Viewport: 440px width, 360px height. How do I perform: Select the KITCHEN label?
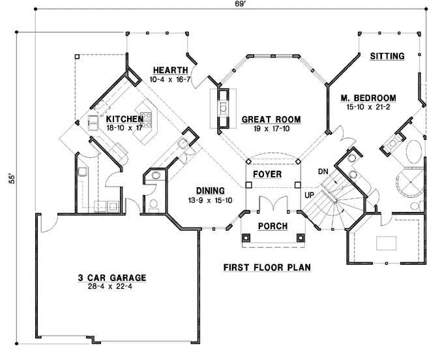[x=125, y=119]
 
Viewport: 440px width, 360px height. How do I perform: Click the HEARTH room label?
[x=170, y=70]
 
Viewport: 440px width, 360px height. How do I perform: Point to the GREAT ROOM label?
[x=271, y=119]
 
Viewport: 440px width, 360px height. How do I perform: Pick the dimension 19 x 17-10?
[x=271, y=128]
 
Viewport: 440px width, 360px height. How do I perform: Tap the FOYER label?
[x=268, y=175]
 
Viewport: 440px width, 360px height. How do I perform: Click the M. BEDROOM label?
[x=368, y=98]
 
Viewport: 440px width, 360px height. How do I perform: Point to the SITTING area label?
[x=387, y=56]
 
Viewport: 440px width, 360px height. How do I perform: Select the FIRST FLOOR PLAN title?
[x=266, y=267]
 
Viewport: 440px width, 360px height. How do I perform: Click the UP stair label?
[x=311, y=195]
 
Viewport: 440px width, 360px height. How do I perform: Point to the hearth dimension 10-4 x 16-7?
[x=170, y=79]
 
